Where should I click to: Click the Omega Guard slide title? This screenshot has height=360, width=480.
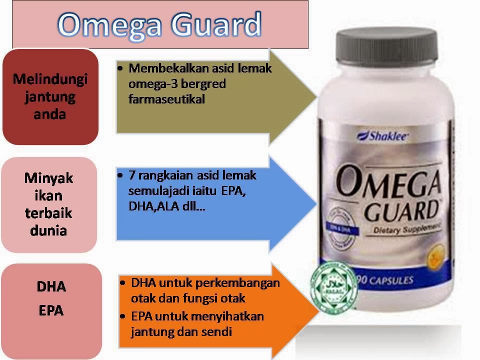point(159,24)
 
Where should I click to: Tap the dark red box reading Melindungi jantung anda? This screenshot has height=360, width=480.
point(50,96)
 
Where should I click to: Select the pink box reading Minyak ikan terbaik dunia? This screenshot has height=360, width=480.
point(48,204)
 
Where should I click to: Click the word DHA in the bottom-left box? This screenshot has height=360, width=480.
point(51,287)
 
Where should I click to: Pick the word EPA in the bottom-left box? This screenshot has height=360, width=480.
point(51,310)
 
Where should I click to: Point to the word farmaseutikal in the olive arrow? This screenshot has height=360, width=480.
point(166,99)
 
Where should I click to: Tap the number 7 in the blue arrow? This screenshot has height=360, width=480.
point(131,175)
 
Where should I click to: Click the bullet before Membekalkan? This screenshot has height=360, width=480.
point(120,68)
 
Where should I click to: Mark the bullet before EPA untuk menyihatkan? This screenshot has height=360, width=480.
point(123,316)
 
